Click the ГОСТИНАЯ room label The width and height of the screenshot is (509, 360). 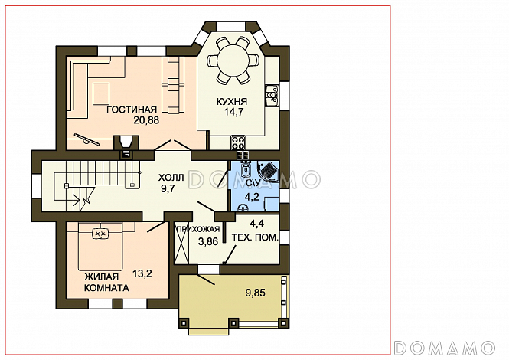[x=132, y=110]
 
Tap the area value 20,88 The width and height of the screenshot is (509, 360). [x=146, y=120]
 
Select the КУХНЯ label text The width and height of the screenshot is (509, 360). [x=232, y=101]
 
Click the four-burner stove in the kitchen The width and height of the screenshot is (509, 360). [x=238, y=142]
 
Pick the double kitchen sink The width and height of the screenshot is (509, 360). [x=272, y=96]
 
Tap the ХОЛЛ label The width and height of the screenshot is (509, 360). [x=171, y=178]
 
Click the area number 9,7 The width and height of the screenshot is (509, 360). [x=168, y=188]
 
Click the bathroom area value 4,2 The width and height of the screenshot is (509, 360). [x=252, y=197]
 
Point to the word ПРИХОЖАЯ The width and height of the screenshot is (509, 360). [x=197, y=229]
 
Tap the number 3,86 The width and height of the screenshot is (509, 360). [x=208, y=241]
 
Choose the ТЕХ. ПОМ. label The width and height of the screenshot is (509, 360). [x=255, y=237]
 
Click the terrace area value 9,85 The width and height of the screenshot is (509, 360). [x=255, y=293]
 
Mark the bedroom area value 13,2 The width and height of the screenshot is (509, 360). [x=142, y=274]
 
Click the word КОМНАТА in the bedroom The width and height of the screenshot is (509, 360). [x=106, y=288]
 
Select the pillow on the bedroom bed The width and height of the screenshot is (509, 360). [x=100, y=234]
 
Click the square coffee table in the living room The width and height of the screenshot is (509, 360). [x=101, y=94]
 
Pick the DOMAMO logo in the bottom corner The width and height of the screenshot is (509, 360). [x=445, y=348]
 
